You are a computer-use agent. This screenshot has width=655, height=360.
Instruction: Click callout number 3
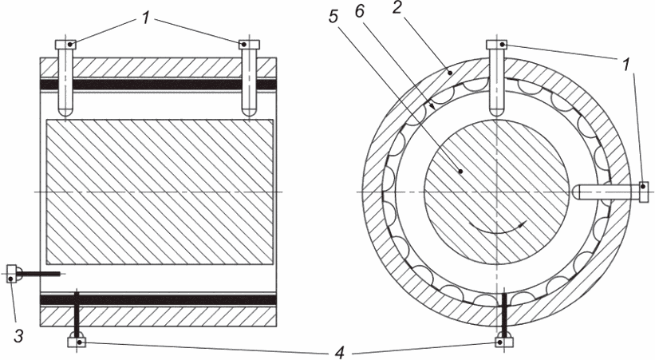coord(18,335)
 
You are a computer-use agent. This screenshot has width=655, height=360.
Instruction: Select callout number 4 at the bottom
coord(340,354)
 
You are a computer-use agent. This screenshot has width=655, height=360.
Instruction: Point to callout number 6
coord(359,11)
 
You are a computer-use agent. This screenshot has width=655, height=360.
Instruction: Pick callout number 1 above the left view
coord(145,18)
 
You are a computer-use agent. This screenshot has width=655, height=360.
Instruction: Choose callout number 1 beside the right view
coord(625,65)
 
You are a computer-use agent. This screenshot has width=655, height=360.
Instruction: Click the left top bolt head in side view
coord(65,45)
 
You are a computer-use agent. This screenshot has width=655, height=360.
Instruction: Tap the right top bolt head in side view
coord(249,45)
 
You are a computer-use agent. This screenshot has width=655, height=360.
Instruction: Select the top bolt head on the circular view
coord(497,45)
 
